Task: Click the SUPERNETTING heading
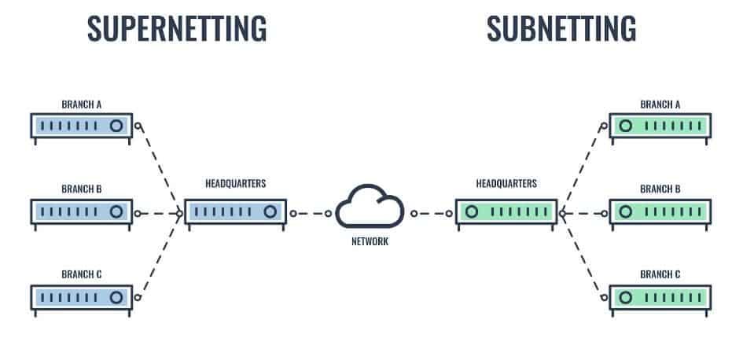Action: [176, 28]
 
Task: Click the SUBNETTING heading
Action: [561, 28]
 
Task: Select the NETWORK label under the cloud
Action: [369, 242]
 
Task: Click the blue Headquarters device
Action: [234, 212]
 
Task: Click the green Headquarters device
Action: [506, 212]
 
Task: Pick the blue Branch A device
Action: [81, 126]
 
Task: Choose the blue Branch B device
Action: [81, 211]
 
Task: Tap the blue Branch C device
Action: [81, 297]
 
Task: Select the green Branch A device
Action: [660, 126]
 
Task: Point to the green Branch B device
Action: [660, 211]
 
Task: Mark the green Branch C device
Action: [660, 297]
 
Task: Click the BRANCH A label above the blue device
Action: [81, 104]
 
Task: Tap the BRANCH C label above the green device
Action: [660, 275]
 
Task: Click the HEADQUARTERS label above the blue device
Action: [235, 183]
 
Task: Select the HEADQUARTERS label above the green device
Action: [506, 183]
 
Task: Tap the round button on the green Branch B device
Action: [626, 211]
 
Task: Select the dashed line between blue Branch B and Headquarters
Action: [160, 212]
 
